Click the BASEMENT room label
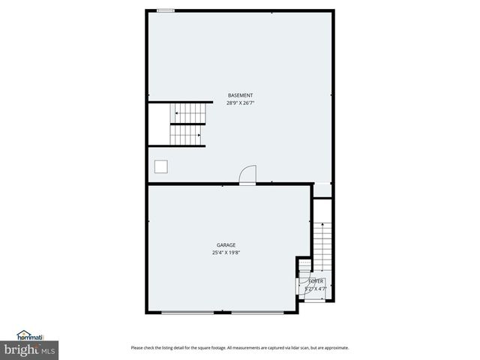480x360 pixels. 240,95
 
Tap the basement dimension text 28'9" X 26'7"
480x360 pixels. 240,103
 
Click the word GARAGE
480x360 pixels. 226,245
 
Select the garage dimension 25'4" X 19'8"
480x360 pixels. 226,253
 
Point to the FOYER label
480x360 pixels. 316,280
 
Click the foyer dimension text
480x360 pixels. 316,288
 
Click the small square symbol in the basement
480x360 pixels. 160,166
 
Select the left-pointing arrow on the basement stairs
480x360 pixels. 176,114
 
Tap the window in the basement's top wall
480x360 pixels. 166,10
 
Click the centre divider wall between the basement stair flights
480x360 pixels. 187,124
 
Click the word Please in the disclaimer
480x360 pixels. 136,347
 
